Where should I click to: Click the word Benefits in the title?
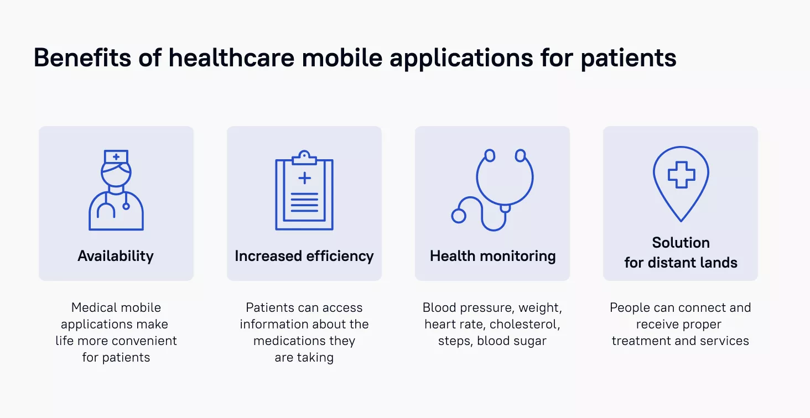pos(82,58)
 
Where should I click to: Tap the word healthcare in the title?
pos(231,58)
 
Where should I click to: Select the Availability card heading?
pos(116,256)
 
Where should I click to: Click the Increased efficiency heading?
pos(304,256)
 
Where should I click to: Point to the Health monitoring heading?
pos(492,256)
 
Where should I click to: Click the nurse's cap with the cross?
pos(116,157)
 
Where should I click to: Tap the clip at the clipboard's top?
pos(304,158)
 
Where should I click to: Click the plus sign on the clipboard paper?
pos(304,177)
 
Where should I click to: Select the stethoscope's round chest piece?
pos(459,216)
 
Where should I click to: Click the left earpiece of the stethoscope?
pos(490,156)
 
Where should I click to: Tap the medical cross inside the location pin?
pos(681,175)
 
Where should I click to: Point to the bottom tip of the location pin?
pos(681,221)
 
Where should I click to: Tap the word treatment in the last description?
pos(636,341)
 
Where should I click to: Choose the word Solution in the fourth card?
pos(681,243)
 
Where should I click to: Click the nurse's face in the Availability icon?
pos(116,174)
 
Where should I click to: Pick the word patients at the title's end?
pos(629,58)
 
